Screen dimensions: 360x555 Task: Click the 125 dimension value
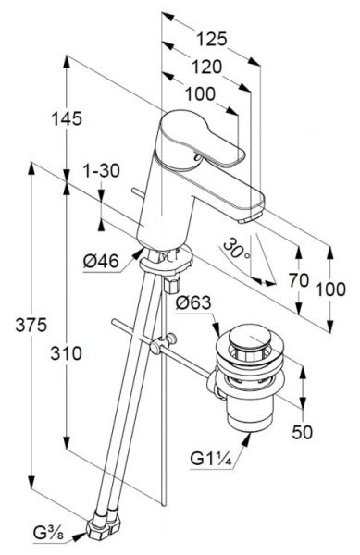pos(211,39)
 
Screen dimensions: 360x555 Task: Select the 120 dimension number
pos(206,67)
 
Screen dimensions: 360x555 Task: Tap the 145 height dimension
pos(67,118)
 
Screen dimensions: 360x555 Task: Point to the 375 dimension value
pos(31,325)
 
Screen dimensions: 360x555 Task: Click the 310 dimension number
pos(67,353)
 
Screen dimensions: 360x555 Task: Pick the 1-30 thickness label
pos(102,171)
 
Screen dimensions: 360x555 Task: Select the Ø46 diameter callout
pos(101,262)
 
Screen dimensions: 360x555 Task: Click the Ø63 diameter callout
pos(193,302)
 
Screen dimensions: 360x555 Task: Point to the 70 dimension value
pos(299,280)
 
